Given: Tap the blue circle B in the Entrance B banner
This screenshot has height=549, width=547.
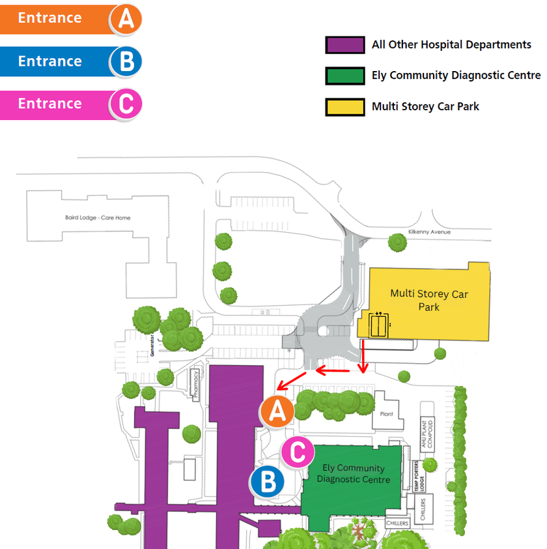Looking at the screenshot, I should click(x=126, y=61).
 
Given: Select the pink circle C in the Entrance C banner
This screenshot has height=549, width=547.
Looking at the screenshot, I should click(x=126, y=104).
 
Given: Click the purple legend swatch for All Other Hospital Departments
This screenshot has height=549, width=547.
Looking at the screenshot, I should click(x=344, y=45).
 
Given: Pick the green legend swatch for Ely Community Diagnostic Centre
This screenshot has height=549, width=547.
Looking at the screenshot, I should click(x=344, y=76).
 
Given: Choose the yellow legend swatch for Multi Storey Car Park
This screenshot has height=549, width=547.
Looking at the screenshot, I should click(x=344, y=106).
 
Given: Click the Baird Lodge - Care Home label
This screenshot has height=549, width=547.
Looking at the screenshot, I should click(x=98, y=217).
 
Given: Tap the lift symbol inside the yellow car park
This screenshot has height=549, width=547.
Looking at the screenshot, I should click(x=378, y=324).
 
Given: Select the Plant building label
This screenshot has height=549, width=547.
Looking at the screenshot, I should click(x=387, y=414).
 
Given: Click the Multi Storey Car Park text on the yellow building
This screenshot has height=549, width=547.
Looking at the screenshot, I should click(x=428, y=300).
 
